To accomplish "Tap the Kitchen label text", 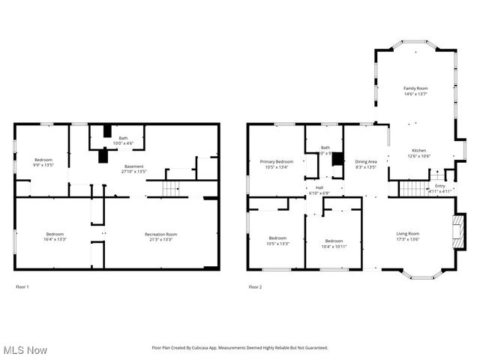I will click(418, 151).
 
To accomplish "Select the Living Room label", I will click(408, 234).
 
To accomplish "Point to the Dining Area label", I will click(365, 162).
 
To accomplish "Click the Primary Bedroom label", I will click(277, 162).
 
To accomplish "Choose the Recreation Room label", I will click(160, 235).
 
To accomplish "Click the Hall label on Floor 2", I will click(319, 187).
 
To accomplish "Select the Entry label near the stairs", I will click(439, 186).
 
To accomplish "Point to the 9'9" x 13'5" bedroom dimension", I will click(43, 165).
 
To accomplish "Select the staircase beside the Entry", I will click(412, 187).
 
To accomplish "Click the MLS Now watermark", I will click(25, 350).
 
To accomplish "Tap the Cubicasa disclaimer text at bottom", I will click(240, 348).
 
